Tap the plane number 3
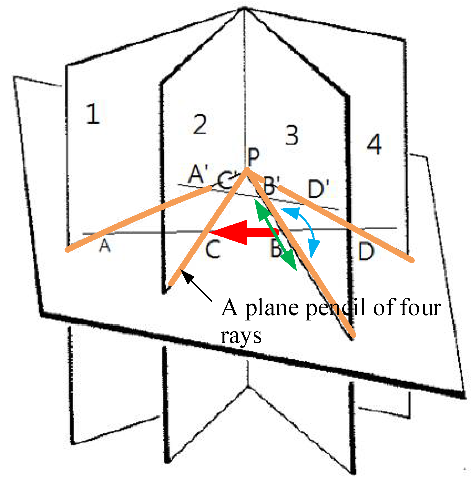(x=292, y=135)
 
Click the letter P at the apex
(x=254, y=156)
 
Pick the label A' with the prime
(x=198, y=174)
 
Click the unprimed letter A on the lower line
(x=104, y=245)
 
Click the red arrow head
(x=230, y=233)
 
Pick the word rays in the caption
(x=241, y=336)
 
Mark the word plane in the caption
(x=272, y=308)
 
